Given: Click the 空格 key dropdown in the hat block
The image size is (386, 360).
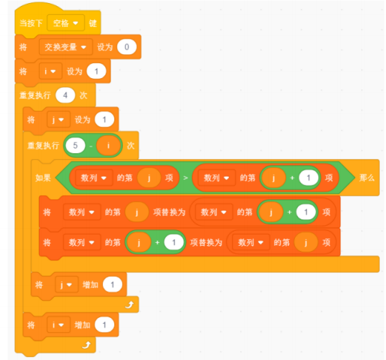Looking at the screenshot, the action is click(65, 23).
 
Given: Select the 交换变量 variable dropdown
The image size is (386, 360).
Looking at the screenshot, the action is click(65, 47).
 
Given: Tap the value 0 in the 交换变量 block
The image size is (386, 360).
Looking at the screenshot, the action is click(127, 47).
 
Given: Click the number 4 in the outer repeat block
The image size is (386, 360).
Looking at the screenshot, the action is click(65, 95).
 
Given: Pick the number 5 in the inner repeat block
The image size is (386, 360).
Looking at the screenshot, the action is click(75, 146).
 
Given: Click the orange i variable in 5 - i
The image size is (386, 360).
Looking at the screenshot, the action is click(108, 146).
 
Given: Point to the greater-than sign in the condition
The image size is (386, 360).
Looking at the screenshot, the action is click(185, 177).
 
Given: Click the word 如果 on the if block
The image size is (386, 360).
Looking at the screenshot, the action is click(43, 177).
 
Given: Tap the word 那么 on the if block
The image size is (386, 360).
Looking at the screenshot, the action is click(366, 177).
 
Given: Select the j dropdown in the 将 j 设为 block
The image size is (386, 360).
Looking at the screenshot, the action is click(58, 119).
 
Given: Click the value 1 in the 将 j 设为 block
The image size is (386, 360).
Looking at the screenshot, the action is click(105, 119).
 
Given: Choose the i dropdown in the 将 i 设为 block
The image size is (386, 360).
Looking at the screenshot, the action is click(50, 71).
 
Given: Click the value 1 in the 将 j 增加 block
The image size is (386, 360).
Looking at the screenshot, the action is click(112, 285).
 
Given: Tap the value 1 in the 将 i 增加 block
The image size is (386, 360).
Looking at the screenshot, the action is click(105, 325).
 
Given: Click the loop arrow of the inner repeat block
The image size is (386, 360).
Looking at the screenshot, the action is click(129, 304).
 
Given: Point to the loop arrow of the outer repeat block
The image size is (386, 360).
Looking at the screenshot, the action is click(87, 345).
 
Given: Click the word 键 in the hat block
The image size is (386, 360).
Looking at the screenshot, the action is click(93, 23).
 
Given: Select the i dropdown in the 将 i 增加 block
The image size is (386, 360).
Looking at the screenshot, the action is click(58, 325).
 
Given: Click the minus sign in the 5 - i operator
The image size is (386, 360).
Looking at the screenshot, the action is click(91, 146).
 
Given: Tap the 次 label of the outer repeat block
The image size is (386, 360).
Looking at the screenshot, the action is click(84, 95).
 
